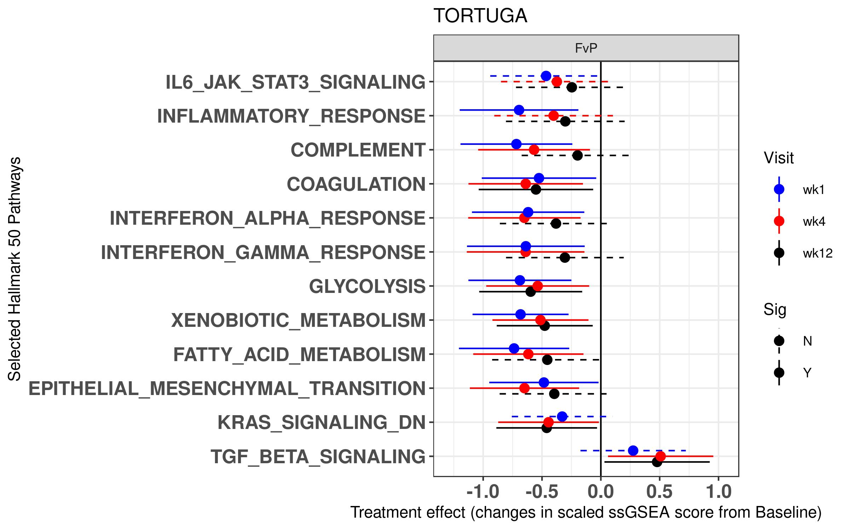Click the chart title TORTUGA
click(480, 16)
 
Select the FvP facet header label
click(586, 48)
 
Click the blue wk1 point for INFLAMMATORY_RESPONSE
click(519, 110)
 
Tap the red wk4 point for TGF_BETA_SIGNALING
click(660, 456)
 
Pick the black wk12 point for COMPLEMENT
click(577, 155)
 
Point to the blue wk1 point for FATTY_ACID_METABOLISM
click(514, 348)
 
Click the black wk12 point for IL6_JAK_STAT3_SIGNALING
click(572, 87)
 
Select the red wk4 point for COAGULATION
click(526, 184)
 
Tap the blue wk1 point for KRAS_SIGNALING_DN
click(562, 417)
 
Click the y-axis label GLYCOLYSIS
click(367, 286)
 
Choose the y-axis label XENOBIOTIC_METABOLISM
click(298, 320)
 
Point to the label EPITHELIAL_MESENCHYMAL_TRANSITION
click(227, 389)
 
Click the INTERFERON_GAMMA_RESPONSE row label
click(263, 252)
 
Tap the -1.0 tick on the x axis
click(483, 492)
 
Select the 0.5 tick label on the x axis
click(659, 492)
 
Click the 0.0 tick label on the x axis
click(601, 492)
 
